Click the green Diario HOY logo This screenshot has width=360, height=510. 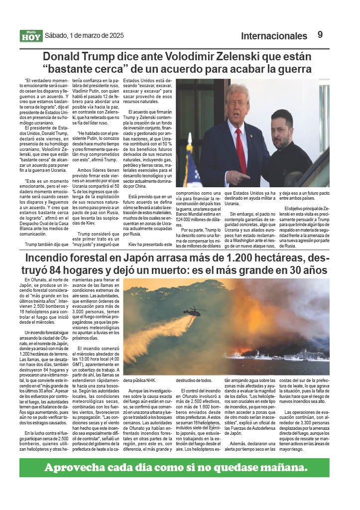click(31, 36)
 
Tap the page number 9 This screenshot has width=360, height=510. click(320, 35)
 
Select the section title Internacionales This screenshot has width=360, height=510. click(274, 36)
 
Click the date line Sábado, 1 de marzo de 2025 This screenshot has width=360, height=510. click(84, 35)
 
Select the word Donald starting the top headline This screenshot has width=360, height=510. click(63, 56)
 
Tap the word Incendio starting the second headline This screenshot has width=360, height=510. click(50, 258)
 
